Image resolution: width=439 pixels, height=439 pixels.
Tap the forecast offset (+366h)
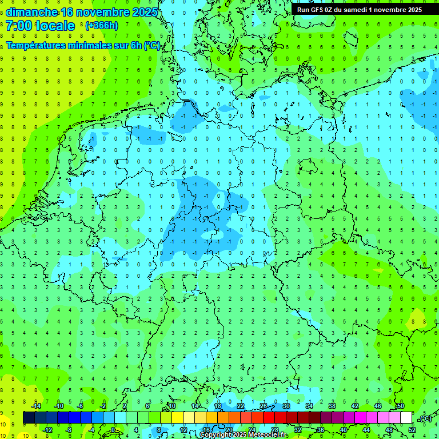[101, 26]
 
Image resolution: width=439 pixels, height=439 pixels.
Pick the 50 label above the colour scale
[400, 406]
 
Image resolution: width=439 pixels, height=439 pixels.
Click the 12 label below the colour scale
[183, 429]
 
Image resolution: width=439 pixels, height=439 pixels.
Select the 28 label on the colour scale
[275, 429]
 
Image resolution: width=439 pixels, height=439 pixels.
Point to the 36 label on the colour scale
[321, 429]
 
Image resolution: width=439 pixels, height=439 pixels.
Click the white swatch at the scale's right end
[406, 418]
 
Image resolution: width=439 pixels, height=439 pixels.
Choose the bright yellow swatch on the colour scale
[177, 418]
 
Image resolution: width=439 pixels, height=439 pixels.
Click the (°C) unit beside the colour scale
[425, 418]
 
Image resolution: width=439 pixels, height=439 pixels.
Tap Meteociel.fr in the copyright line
[268, 435]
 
